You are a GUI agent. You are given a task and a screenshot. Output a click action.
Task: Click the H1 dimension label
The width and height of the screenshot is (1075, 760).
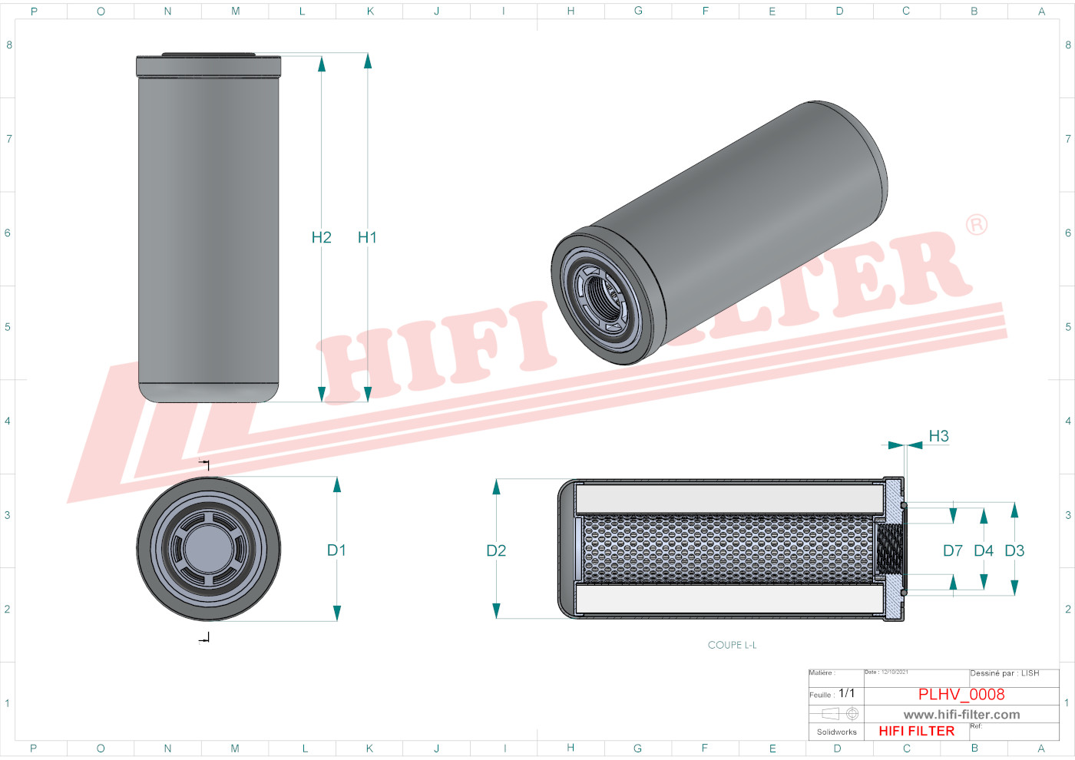[367, 238]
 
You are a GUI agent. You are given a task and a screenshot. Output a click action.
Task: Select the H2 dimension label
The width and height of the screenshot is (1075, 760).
[321, 238]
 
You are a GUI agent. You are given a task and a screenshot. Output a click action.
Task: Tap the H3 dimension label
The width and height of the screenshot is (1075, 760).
[938, 436]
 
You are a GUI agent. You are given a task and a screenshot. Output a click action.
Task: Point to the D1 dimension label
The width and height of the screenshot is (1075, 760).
[336, 550]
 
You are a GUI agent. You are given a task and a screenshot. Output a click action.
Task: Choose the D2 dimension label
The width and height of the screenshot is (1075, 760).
[496, 551]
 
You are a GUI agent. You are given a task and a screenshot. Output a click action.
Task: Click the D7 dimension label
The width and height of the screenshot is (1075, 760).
[952, 551]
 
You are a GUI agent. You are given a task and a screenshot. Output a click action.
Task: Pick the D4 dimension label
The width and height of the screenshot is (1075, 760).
[983, 551]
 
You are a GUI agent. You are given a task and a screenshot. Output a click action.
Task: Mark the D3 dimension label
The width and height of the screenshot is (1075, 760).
[1014, 551]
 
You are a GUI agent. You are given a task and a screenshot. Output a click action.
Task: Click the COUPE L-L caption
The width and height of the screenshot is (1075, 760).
[732, 645]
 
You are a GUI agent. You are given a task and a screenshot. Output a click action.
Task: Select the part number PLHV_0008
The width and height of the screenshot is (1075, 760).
[961, 695]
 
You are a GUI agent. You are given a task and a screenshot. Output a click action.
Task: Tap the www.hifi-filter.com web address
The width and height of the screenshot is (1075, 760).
[961, 715]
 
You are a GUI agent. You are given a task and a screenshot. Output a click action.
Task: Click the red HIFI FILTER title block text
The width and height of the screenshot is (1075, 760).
[916, 731]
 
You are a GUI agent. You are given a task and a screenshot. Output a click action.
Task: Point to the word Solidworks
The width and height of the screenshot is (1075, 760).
[836, 732]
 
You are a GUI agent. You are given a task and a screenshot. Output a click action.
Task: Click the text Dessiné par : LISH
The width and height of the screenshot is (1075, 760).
[1004, 673]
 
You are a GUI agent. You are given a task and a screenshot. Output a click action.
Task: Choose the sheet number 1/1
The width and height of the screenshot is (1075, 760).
[846, 693]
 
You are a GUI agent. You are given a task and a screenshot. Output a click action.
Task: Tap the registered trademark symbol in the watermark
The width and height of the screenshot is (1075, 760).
[976, 225]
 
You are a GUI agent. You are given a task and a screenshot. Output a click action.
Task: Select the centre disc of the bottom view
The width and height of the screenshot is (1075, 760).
[208, 549]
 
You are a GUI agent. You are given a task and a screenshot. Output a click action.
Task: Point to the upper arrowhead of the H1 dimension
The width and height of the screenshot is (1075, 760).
[368, 61]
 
